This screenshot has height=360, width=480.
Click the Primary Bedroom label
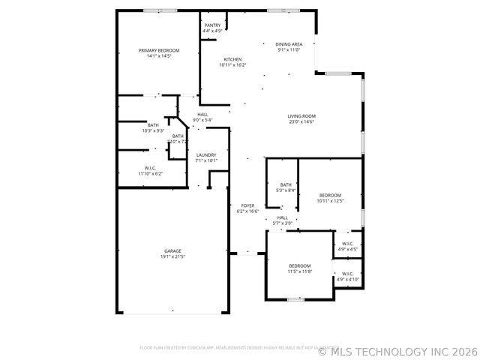click(159, 50)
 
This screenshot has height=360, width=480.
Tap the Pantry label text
click(212, 25)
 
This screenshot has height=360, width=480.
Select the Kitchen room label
click(232, 59)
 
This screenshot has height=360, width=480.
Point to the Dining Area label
click(289, 44)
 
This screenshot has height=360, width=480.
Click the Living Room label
click(301, 115)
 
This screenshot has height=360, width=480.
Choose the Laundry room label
click(206, 154)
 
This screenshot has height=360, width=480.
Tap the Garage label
click(172, 251)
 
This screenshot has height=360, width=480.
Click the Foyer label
click(247, 205)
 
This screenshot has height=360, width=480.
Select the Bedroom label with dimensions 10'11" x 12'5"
click(330, 195)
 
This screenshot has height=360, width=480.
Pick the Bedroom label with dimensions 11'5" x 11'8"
click(300, 266)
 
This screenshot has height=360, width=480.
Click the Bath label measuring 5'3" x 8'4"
click(286, 184)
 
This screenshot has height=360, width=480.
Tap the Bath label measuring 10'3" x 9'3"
click(153, 125)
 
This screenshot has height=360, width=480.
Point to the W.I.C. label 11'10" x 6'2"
click(150, 168)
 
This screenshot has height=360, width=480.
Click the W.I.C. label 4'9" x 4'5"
click(348, 244)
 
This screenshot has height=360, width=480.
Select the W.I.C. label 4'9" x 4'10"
click(348, 274)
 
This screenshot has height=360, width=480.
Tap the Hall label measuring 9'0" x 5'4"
click(202, 114)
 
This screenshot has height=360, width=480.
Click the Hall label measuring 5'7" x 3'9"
click(282, 217)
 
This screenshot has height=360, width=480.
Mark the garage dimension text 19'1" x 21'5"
click(172, 257)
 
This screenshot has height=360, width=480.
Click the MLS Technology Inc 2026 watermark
click(397, 350)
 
